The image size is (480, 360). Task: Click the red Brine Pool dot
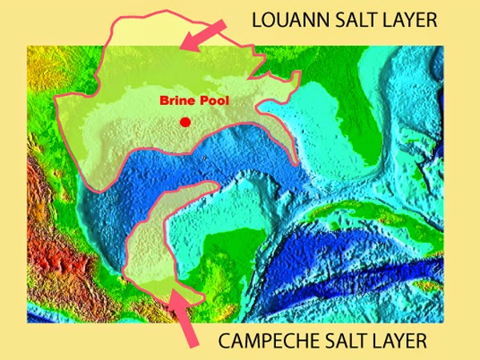(186, 122)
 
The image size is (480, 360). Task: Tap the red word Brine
(174, 102)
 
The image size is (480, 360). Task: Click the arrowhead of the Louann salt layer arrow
(186, 45)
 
